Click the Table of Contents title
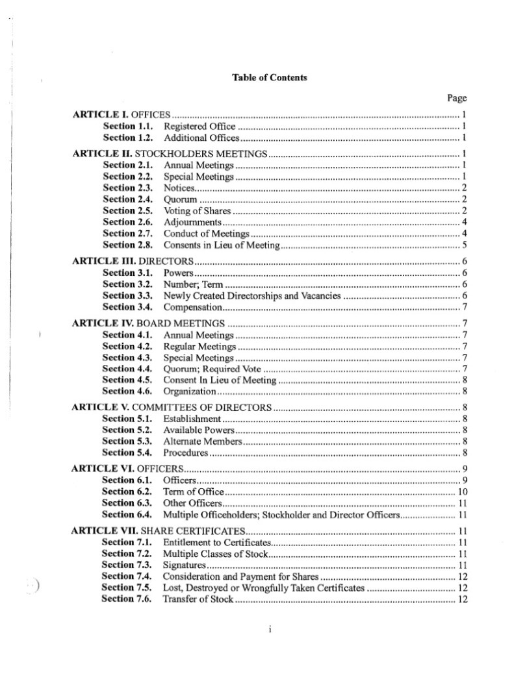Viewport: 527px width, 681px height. click(x=269, y=77)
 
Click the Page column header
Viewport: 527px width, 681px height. click(x=457, y=98)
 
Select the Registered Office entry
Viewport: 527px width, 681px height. click(x=199, y=127)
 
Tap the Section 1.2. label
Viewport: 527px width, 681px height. click(x=128, y=138)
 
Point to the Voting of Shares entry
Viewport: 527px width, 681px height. click(x=198, y=211)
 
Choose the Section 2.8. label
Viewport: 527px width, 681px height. click(x=128, y=245)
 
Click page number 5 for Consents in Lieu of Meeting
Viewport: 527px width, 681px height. click(x=465, y=245)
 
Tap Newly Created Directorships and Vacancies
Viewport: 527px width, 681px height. click(x=251, y=295)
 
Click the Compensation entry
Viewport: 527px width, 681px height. click(x=193, y=307)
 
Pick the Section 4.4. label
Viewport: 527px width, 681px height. click(x=128, y=369)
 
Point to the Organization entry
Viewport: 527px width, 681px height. click(x=189, y=391)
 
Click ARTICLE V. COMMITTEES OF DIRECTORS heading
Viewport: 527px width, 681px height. click(x=171, y=408)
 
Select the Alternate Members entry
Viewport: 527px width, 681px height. click(x=202, y=441)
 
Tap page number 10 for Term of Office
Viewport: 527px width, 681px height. click(x=463, y=491)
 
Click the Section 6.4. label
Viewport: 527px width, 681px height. click(x=127, y=514)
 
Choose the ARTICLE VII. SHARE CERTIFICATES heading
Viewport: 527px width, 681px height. click(x=158, y=530)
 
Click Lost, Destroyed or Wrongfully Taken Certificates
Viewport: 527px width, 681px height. click(x=263, y=588)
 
